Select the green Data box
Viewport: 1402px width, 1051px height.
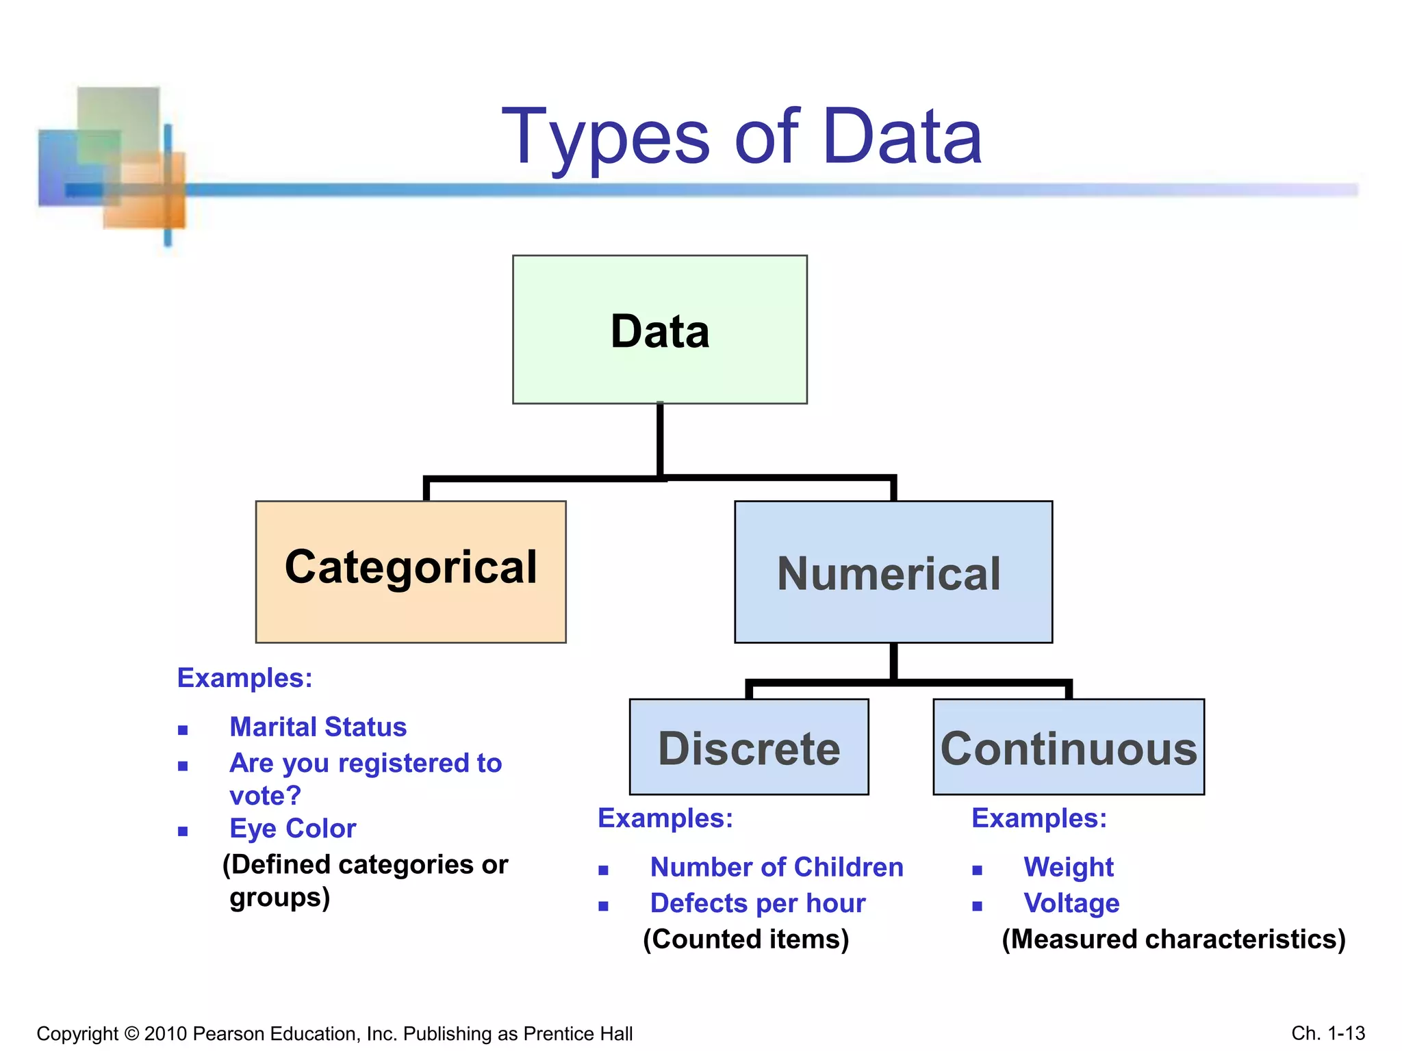click(x=659, y=330)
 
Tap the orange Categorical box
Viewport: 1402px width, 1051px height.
click(x=411, y=571)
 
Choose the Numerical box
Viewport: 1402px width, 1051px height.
click(x=893, y=572)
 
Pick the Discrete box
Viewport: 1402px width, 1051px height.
click(x=749, y=747)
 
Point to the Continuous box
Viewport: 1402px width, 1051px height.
click(x=1068, y=747)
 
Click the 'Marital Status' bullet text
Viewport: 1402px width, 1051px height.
click(x=318, y=727)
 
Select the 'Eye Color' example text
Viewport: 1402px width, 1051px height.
click(x=292, y=829)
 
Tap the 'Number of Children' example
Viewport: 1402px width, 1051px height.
click(x=776, y=867)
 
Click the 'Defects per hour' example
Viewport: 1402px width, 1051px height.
click(x=757, y=903)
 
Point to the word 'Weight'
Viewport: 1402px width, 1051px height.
click(x=1068, y=867)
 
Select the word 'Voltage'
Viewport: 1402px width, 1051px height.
click(x=1071, y=903)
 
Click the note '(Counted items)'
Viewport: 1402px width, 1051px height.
click(x=745, y=939)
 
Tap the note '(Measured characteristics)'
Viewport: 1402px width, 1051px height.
click(x=1173, y=939)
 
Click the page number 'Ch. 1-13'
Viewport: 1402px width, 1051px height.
click(x=1328, y=1033)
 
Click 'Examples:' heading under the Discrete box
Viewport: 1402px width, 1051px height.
click(x=665, y=818)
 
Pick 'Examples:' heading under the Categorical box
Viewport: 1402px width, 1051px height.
click(x=244, y=678)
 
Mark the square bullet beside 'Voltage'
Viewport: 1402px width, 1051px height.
click(x=977, y=906)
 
